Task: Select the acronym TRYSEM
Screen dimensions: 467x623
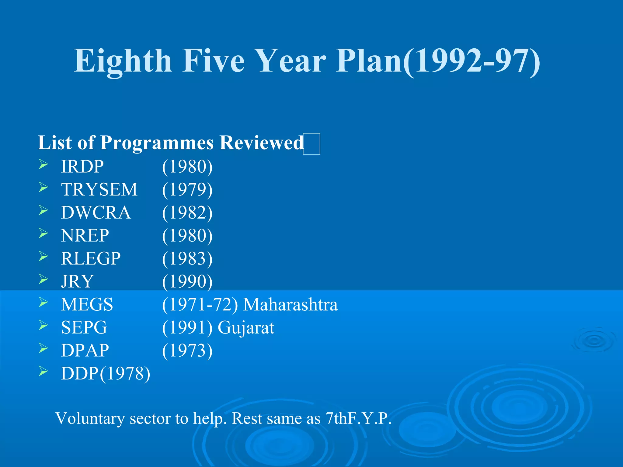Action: (99, 189)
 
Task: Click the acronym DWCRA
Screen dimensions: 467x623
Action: (96, 212)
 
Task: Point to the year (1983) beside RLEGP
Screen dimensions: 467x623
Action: (187, 258)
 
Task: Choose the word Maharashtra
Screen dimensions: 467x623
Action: (291, 304)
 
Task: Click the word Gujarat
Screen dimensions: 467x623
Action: (246, 327)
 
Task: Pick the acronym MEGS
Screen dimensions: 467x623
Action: (87, 304)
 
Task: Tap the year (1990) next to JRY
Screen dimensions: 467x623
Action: (187, 281)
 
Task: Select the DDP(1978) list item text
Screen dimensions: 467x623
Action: (106, 373)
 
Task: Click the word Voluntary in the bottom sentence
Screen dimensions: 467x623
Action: (90, 418)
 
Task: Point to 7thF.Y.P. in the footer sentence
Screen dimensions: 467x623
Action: (358, 418)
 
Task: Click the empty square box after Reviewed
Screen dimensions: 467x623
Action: (311, 144)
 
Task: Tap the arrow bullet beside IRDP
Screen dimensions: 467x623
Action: (44, 164)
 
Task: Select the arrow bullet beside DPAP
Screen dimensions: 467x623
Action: (44, 348)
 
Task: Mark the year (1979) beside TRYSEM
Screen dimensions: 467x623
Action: (187, 189)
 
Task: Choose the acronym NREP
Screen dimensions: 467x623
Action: (85, 235)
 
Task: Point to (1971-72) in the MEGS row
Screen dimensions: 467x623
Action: (200, 304)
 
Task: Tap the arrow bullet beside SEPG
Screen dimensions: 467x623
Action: (44, 325)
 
